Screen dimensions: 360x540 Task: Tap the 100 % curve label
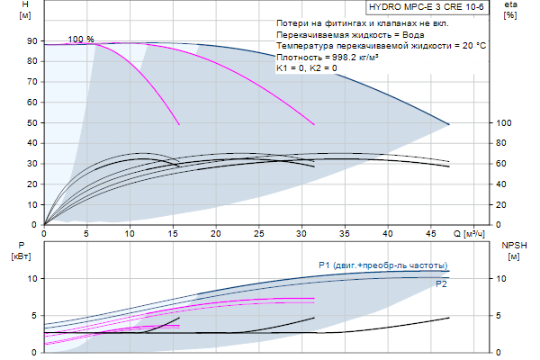tap(80, 40)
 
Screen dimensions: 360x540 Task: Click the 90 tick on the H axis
tap(31, 41)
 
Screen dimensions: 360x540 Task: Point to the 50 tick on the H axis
tap(31, 123)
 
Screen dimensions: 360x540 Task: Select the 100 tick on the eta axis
tap(504, 123)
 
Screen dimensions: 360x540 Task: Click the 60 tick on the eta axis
tap(504, 164)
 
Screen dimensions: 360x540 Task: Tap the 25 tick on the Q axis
tap(258, 233)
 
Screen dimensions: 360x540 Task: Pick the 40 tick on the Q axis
tap(387, 233)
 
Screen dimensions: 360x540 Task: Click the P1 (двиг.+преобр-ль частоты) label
tap(382, 265)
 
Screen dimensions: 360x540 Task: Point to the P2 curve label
tap(442, 283)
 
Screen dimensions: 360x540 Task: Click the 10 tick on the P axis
tap(31, 279)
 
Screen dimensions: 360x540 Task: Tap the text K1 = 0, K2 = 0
tap(307, 67)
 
